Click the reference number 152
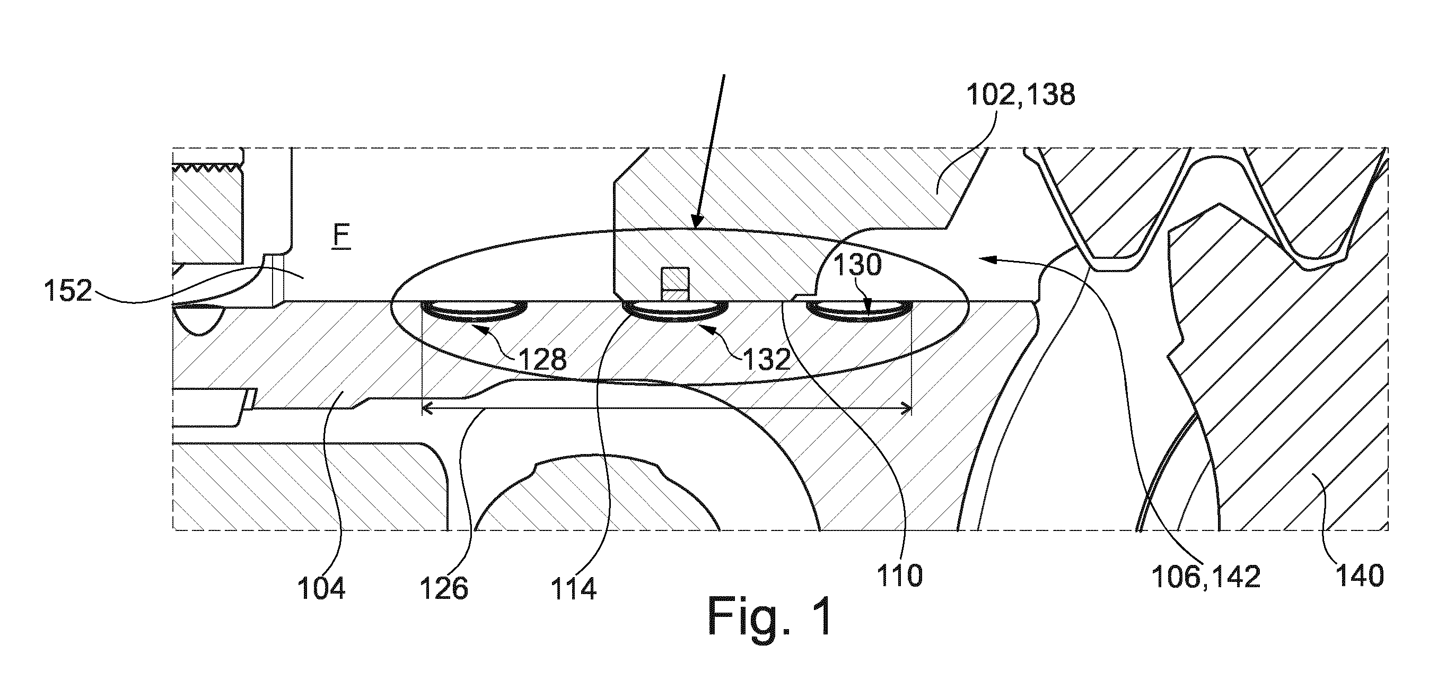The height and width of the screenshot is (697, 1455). (x=68, y=291)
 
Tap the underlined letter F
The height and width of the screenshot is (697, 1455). (x=341, y=236)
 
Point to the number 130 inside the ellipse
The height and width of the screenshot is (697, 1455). (x=857, y=264)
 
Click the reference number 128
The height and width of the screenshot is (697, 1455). (x=542, y=359)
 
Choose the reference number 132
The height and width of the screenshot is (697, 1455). (x=766, y=359)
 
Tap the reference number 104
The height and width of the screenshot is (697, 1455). (x=321, y=589)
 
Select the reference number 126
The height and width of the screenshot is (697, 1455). (x=444, y=589)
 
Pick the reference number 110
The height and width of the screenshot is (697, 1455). (x=900, y=576)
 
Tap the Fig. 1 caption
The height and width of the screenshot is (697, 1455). (x=770, y=617)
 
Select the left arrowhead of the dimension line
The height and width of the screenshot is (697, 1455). (x=427, y=408)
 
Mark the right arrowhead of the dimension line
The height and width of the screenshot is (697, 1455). (x=906, y=408)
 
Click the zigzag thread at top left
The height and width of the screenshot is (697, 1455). (x=209, y=168)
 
